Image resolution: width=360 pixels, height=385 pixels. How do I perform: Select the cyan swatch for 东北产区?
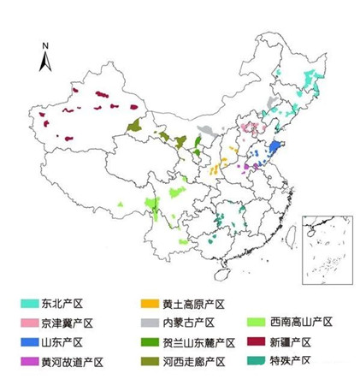[x=30, y=305]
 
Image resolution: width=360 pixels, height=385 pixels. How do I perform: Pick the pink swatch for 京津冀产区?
[x=30, y=323]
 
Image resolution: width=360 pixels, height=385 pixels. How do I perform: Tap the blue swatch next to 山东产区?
[x=30, y=342]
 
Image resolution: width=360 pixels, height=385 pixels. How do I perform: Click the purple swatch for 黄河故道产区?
[x=30, y=361]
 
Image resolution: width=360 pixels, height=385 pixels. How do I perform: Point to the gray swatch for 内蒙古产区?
[x=150, y=323]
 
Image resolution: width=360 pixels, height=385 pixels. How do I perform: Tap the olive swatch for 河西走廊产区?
[x=150, y=361]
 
